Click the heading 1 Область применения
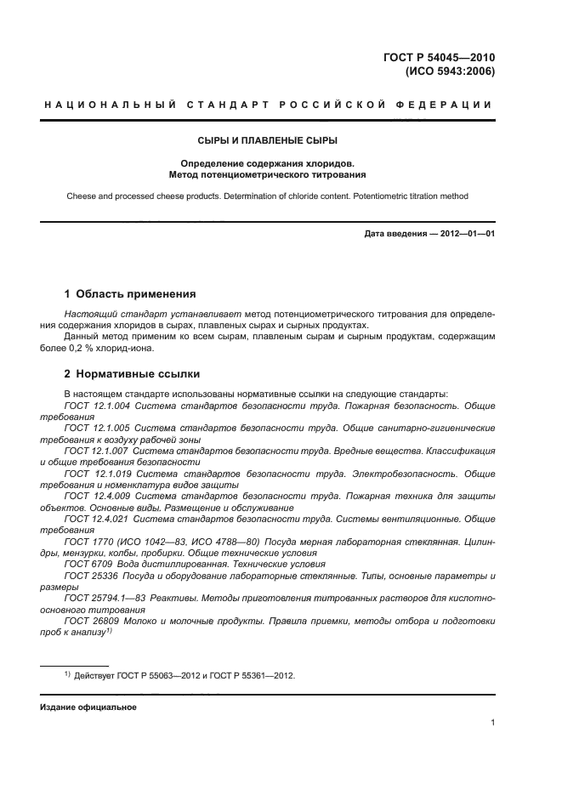click(130, 293)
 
